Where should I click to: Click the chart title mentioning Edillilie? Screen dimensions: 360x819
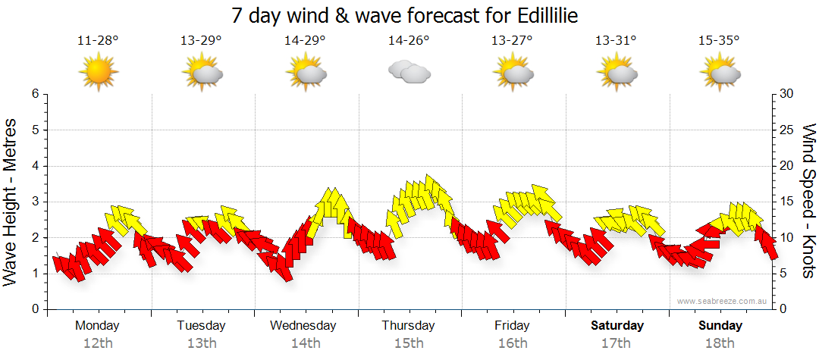409,16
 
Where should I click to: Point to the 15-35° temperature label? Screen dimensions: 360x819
720,41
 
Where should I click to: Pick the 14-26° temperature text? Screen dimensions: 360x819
409,41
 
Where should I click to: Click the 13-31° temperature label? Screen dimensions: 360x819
616,41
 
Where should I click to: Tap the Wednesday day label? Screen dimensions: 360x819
303,326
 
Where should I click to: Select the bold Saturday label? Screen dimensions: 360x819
617,326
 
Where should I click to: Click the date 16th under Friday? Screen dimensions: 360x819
513,343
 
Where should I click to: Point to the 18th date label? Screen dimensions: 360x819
720,343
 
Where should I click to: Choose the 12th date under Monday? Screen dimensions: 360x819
98,343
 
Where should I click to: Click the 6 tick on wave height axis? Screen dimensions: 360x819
34,94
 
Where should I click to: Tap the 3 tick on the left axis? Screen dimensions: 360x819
34,202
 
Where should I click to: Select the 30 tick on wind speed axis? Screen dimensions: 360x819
787,94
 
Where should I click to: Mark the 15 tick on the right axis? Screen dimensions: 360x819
787,202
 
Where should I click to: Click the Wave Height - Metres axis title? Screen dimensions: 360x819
11,202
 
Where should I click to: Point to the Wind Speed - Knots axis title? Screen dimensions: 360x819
808,202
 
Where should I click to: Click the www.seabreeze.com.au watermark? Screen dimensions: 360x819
723,302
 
